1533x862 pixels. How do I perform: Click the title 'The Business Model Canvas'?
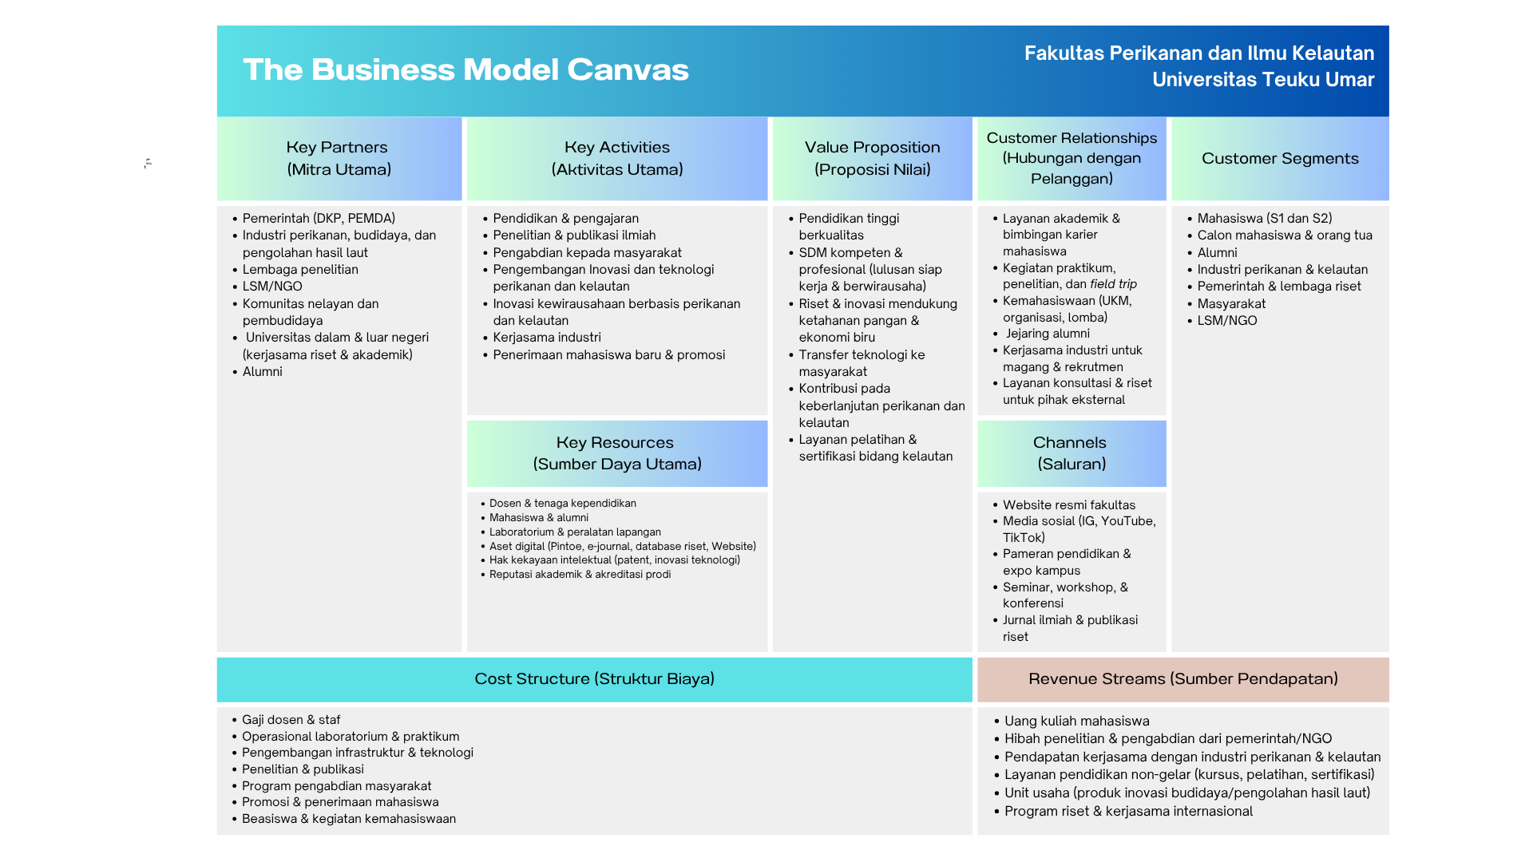(465, 70)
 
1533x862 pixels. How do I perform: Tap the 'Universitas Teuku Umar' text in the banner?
(1262, 80)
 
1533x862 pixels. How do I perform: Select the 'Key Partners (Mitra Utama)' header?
(339, 158)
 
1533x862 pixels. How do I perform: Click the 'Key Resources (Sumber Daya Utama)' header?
(616, 453)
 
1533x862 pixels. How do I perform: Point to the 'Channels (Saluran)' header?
(1071, 453)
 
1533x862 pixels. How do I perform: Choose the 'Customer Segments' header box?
(1279, 158)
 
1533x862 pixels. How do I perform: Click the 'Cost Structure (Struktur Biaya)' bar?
(594, 679)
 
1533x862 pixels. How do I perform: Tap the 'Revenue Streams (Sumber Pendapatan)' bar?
(1182, 679)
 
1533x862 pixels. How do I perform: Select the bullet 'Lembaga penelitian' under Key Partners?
(300, 270)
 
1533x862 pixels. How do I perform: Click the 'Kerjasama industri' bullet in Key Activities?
(547, 338)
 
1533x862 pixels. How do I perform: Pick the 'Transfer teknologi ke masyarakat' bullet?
(862, 363)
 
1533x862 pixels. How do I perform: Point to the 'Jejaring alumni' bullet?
(1047, 334)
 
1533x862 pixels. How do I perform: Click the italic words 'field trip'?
(1113, 284)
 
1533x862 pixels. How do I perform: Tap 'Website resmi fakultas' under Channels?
(1068, 505)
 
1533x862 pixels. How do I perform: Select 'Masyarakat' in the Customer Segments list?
(1231, 304)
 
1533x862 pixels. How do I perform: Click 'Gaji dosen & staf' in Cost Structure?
(291, 720)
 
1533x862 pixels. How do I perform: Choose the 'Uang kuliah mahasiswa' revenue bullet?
(1076, 722)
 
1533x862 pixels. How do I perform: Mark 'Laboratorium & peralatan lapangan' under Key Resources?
(575, 532)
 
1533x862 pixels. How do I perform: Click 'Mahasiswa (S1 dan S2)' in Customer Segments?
(1264, 219)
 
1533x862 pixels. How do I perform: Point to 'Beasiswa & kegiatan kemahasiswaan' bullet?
(348, 819)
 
